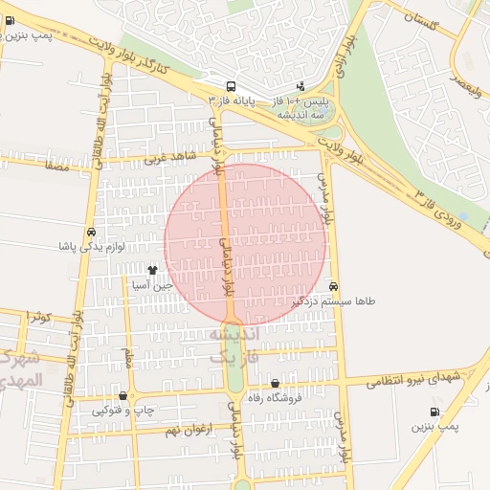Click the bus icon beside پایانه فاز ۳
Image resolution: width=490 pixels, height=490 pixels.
point(232,86)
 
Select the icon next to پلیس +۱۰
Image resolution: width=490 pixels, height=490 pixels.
point(301,86)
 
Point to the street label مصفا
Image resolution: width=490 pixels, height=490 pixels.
point(52,165)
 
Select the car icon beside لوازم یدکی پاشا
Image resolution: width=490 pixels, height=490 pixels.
point(91,233)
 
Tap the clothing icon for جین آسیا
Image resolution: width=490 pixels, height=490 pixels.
point(152,272)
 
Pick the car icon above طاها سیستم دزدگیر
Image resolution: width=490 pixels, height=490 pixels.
point(332,286)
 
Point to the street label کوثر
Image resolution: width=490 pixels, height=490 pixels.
point(38,316)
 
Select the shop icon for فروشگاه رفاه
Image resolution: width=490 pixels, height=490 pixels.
point(276,384)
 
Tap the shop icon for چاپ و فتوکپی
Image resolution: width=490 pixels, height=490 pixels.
point(122,396)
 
